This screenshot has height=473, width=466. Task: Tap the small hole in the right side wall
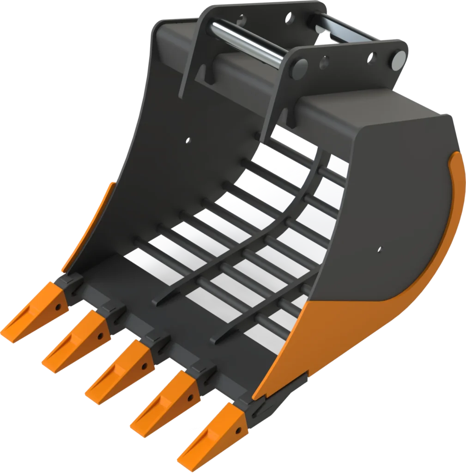click(x=379, y=249)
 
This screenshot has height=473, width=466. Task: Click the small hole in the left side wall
click(x=188, y=139)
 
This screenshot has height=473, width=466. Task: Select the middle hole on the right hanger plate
click(x=324, y=61)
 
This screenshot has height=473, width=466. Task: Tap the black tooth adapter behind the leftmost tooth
click(x=69, y=284)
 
